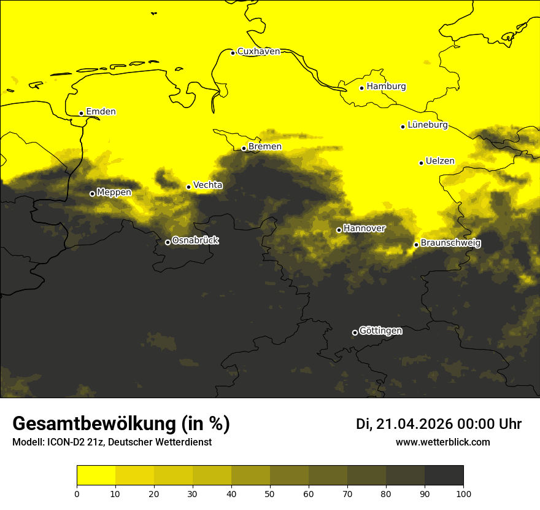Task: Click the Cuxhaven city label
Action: tap(258, 52)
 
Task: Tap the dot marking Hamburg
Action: tap(362, 88)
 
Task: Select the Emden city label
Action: tap(101, 112)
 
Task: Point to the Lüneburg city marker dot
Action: tap(403, 127)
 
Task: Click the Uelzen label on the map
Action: tap(440, 162)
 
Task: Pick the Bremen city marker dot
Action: tap(244, 148)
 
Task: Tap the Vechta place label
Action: tap(207, 185)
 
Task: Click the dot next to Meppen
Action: tap(93, 194)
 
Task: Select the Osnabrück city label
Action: tap(195, 241)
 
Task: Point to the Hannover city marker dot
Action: tap(339, 230)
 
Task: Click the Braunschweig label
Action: tap(450, 243)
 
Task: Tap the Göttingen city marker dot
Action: tap(355, 332)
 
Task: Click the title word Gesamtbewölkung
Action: tap(94, 424)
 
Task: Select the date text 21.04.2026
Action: tap(414, 424)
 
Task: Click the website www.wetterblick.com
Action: tap(442, 442)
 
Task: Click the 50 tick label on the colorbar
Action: tap(270, 493)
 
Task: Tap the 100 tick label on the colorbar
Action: tap(463, 493)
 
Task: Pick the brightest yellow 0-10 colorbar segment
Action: tap(96, 476)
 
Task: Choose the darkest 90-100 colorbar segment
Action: tap(444, 476)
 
